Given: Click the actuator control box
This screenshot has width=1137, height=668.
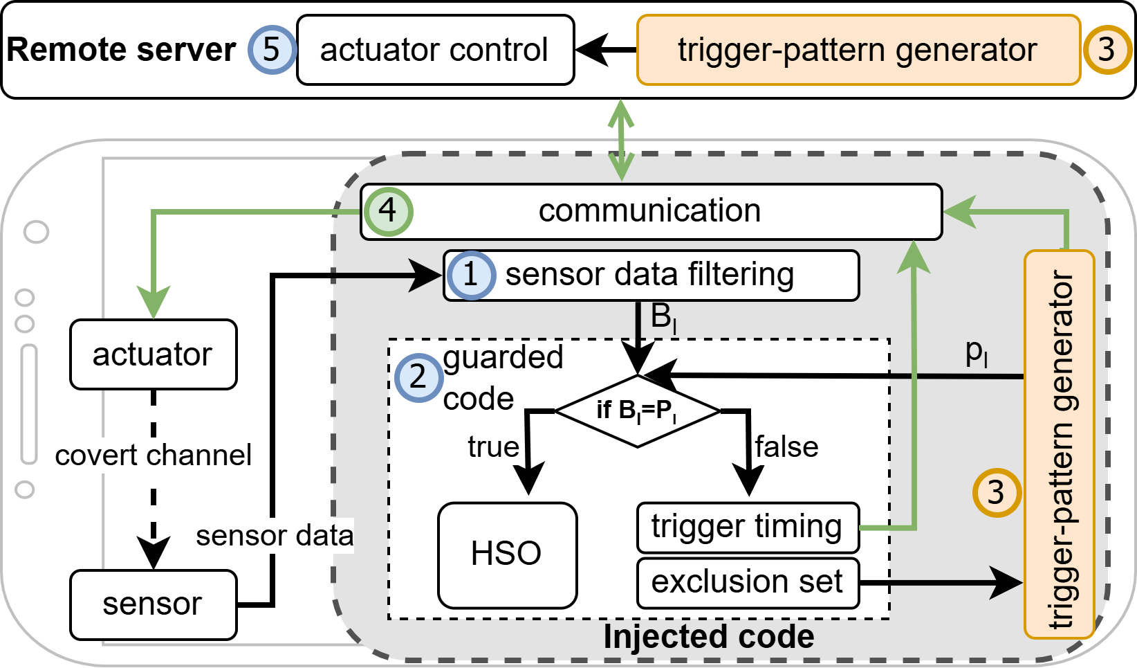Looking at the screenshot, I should coord(435,50).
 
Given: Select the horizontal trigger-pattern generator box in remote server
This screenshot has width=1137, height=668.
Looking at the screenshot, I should coord(858,50).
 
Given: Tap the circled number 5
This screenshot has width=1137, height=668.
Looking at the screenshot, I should coord(271,50).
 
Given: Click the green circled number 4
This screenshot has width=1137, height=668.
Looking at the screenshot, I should coord(387,210).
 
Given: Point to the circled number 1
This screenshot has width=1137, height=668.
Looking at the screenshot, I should coord(470,275).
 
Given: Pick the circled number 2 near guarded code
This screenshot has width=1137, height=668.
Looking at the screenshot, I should coord(418,378).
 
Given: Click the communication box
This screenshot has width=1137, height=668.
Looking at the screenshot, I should coord(650,211).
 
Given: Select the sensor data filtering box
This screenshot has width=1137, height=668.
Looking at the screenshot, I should coord(650,275).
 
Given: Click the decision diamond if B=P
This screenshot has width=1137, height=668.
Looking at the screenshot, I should coord(637,410).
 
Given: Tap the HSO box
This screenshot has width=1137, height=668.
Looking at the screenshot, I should coord(507,554).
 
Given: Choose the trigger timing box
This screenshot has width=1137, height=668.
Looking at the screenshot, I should coord(747,527).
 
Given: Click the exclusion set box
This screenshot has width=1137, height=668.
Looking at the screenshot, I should coord(747,582).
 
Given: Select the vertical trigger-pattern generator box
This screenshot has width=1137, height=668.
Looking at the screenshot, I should coord(1059,443).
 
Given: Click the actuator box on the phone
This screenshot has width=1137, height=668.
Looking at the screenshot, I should coord(152,354).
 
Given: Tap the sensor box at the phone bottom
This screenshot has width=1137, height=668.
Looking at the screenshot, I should coord(152,604).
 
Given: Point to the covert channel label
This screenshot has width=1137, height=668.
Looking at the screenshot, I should coord(153,455).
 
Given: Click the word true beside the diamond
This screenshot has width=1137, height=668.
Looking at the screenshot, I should coord(493,447).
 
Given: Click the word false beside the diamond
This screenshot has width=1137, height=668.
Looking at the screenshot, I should coord(786,447).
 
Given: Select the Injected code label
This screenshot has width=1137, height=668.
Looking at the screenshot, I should coord(708,637).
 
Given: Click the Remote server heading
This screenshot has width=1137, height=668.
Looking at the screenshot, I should coord(121,50).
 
